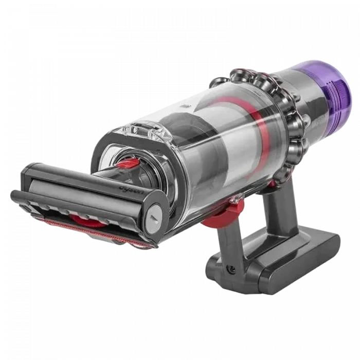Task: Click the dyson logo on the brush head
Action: [x=132, y=191]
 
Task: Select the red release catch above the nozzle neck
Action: [x=126, y=164]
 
